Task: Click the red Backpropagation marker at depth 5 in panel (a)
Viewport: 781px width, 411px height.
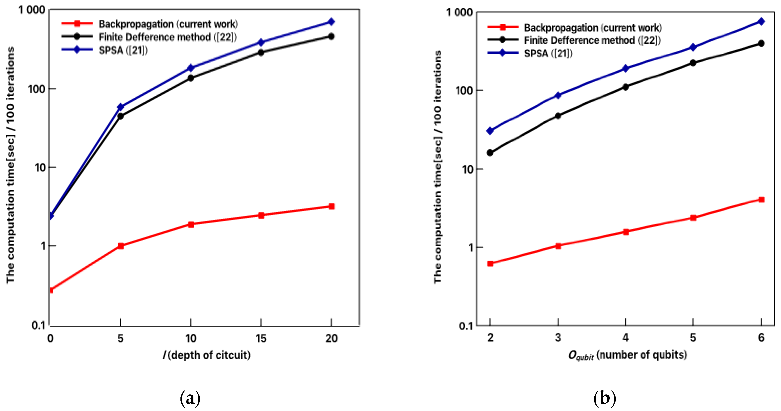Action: click(x=121, y=246)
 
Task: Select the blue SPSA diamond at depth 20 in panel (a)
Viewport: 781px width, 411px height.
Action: click(x=332, y=22)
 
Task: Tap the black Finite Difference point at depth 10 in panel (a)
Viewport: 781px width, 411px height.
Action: click(x=191, y=78)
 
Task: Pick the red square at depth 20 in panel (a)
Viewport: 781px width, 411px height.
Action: click(x=332, y=207)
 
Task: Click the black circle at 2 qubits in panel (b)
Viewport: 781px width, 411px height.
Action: click(x=490, y=153)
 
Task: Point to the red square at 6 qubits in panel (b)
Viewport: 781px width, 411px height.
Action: click(x=761, y=199)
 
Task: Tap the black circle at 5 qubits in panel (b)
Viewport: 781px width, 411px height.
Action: click(x=693, y=63)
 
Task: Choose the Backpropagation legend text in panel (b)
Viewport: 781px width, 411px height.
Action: click(x=593, y=28)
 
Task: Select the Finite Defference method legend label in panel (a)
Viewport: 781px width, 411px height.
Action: click(x=168, y=37)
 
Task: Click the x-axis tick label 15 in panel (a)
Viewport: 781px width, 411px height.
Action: click(x=261, y=338)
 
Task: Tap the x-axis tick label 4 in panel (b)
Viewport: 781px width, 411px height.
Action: click(x=626, y=337)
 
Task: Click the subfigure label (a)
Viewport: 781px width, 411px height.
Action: click(x=190, y=398)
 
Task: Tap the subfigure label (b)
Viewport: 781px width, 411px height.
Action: click(x=605, y=398)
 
